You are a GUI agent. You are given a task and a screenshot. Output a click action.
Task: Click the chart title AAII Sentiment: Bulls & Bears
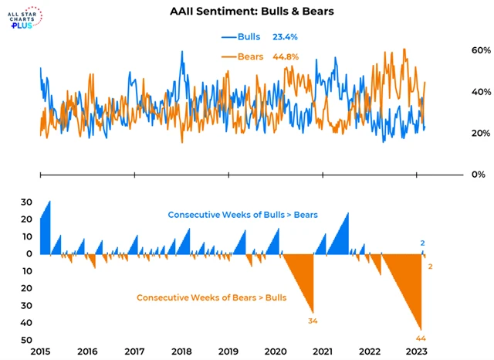(247, 12)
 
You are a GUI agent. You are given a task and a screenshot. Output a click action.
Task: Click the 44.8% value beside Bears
(284, 56)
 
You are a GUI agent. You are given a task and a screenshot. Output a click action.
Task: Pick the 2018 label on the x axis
(183, 352)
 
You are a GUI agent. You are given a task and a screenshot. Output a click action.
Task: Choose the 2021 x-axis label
(323, 352)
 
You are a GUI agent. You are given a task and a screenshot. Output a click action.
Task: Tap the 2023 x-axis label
(418, 352)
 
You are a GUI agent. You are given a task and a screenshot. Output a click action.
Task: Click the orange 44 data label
(421, 338)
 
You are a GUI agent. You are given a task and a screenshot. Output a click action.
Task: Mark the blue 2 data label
(422, 243)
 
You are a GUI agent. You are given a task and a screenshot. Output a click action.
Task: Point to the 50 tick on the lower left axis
(25, 340)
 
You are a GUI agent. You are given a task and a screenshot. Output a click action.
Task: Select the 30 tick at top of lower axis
(25, 202)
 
